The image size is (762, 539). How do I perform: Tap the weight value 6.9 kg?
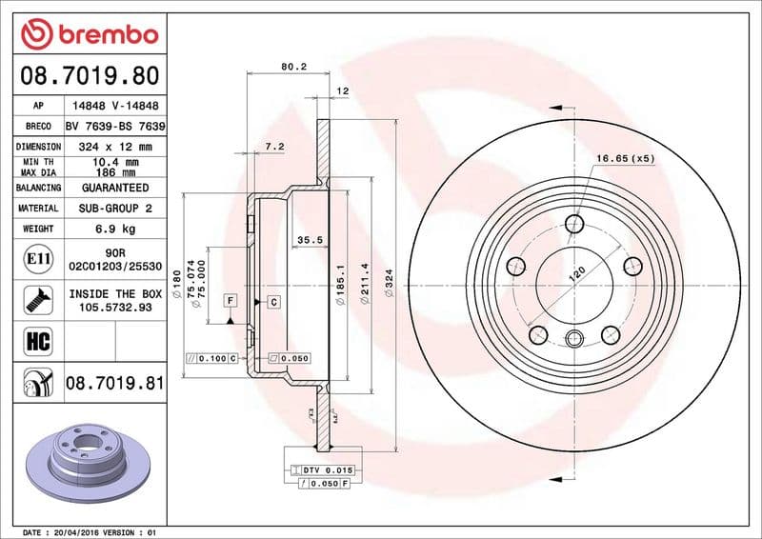(x=115, y=229)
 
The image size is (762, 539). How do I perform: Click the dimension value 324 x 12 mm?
(x=115, y=147)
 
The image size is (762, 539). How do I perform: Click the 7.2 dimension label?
(x=274, y=146)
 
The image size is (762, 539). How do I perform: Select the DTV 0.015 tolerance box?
(x=327, y=470)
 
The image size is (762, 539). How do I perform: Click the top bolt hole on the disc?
(x=574, y=224)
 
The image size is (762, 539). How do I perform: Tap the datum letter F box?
(x=230, y=301)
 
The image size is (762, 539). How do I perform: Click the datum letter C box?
(x=273, y=302)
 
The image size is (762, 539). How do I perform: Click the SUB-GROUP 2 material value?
(x=115, y=208)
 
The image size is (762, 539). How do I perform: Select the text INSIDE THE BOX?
(x=115, y=294)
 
